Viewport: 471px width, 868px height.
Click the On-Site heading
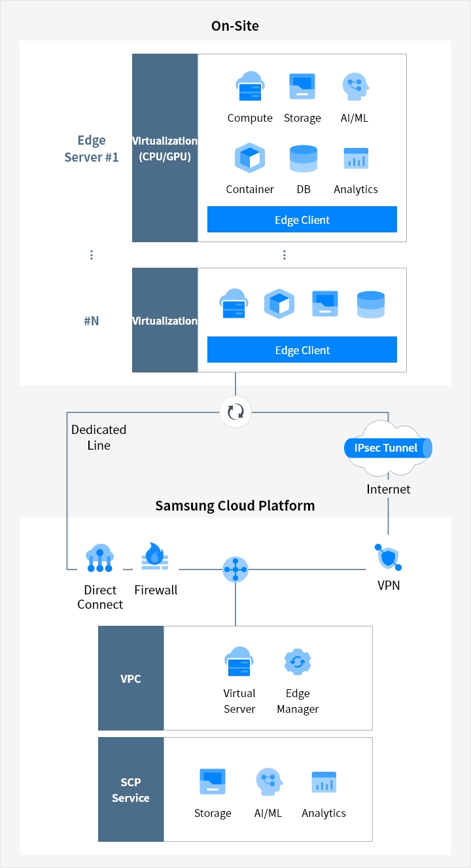(x=235, y=26)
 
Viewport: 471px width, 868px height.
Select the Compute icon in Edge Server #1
(x=249, y=86)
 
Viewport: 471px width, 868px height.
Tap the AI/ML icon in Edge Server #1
(x=356, y=86)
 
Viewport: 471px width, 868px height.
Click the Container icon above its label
(x=249, y=158)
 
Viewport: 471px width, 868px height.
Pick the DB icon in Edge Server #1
(x=303, y=158)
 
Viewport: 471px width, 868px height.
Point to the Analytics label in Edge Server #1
(x=356, y=189)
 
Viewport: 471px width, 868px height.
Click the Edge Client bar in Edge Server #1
(x=302, y=219)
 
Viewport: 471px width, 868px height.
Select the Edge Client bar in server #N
(x=302, y=350)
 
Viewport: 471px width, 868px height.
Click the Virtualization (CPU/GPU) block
(x=165, y=148)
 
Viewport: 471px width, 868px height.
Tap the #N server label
(x=92, y=321)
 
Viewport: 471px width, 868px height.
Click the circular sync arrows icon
(x=235, y=412)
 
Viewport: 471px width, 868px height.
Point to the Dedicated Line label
(x=99, y=437)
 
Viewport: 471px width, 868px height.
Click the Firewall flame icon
(x=155, y=556)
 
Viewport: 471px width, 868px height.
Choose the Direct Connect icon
(x=100, y=557)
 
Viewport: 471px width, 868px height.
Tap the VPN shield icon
(x=388, y=557)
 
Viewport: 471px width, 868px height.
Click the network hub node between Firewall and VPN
(x=235, y=570)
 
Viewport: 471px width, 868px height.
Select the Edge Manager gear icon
(x=298, y=662)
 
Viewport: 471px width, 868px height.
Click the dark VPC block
(x=131, y=678)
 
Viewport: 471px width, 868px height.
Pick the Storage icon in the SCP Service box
(x=213, y=782)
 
